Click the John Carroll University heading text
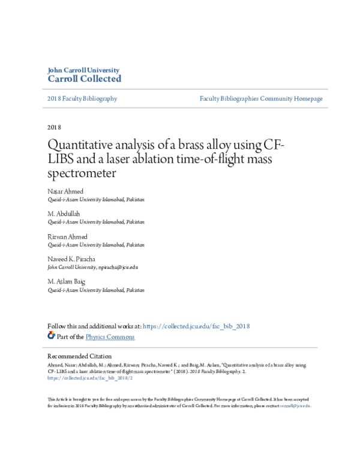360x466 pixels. pos(83,70)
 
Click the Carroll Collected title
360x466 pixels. pos(84,79)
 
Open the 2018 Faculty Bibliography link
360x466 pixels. pos(82,98)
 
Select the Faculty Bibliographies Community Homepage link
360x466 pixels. pos(261,98)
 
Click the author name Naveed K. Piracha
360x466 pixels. pos(72,259)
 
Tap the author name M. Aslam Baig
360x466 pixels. pos(66,281)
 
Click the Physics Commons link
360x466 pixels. pos(110,337)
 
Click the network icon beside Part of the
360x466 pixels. pos(51,336)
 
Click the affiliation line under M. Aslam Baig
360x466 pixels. pos(96,289)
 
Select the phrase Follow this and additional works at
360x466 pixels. pos(94,326)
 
